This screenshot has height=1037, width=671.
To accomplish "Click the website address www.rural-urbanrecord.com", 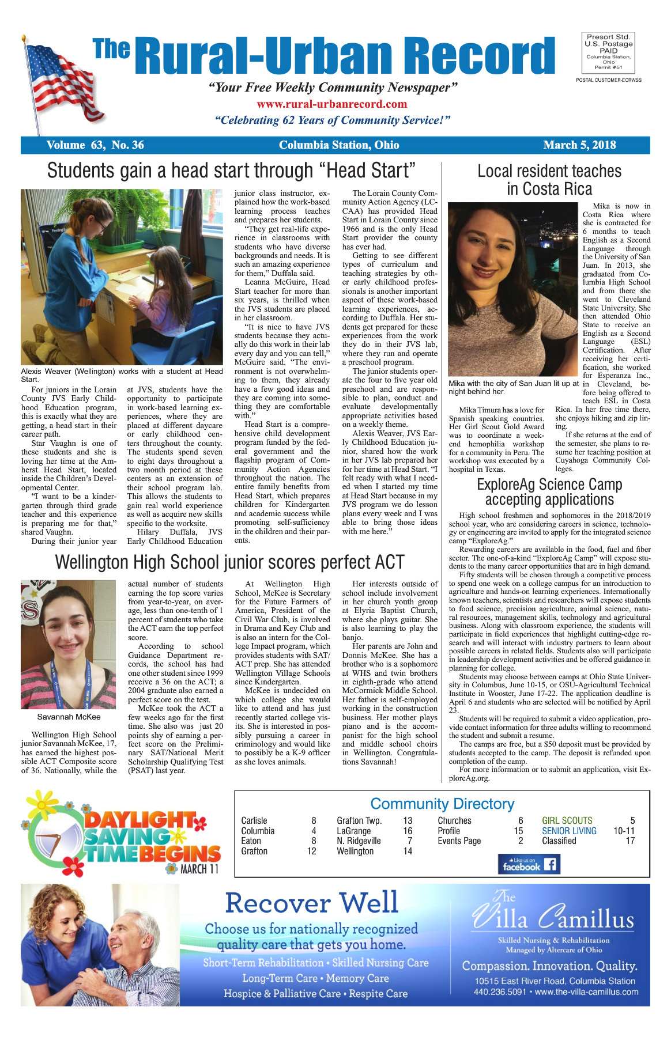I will pyautogui.click(x=331, y=104).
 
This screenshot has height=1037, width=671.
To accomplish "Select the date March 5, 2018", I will pyautogui.click(x=579, y=145).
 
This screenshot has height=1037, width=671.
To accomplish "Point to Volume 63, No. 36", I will pyautogui.click(x=95, y=145).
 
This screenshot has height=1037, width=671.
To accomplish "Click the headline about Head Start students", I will pyautogui.click(x=231, y=171).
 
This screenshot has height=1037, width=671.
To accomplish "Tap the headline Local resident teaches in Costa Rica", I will pyautogui.click(x=549, y=180).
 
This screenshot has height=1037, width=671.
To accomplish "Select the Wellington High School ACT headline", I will pyautogui.click(x=229, y=562).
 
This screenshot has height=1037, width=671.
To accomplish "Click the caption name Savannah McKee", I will pyautogui.click(x=69, y=717).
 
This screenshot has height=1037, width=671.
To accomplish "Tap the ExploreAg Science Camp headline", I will pyautogui.click(x=549, y=492).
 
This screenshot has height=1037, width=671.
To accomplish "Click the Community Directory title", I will pyautogui.click(x=442, y=804).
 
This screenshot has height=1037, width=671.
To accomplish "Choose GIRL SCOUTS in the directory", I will pyautogui.click(x=567, y=820).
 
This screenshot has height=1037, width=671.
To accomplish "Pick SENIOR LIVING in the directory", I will pyautogui.click(x=569, y=831).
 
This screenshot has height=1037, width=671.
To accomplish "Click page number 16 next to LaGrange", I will pyautogui.click(x=408, y=831).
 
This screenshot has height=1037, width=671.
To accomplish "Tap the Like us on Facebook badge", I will pyautogui.click(x=529, y=864).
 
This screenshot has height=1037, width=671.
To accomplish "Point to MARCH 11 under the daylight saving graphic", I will pyautogui.click(x=199, y=869).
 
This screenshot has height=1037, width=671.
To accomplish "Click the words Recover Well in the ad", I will pyautogui.click(x=311, y=903).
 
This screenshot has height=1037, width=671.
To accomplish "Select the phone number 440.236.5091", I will pyautogui.click(x=500, y=992).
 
